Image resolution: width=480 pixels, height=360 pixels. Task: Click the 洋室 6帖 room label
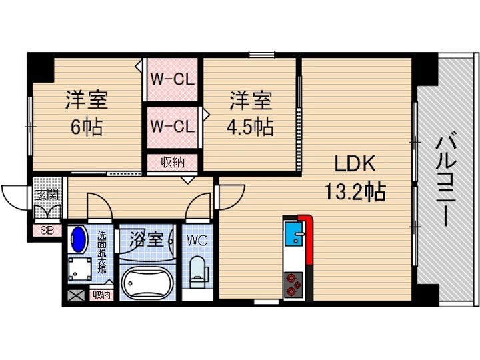[86, 113]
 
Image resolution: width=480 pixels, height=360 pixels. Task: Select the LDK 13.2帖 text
[353, 177]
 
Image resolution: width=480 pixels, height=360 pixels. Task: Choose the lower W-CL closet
[171, 125]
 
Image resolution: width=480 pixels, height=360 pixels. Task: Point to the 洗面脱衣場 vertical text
[103, 252]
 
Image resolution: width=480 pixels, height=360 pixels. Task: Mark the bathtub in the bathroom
[147, 283]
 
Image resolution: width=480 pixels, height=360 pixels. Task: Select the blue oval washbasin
[79, 239]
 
